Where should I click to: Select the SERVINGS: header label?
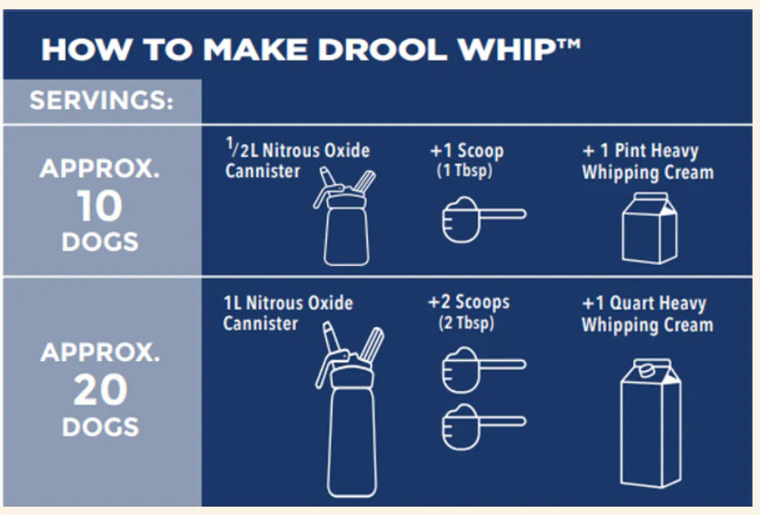tap(102, 102)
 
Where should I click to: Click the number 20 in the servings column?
tap(100, 391)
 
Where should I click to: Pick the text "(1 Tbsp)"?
tap(465, 172)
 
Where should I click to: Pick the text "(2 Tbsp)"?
tap(467, 323)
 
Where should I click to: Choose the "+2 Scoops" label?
tap(468, 303)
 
